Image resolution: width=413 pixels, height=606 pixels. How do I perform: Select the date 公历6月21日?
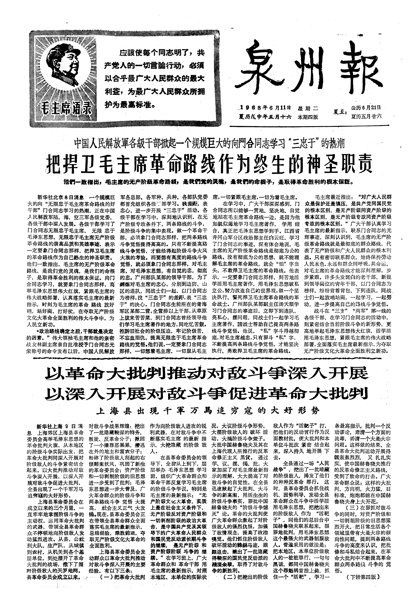(x=366, y=107)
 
